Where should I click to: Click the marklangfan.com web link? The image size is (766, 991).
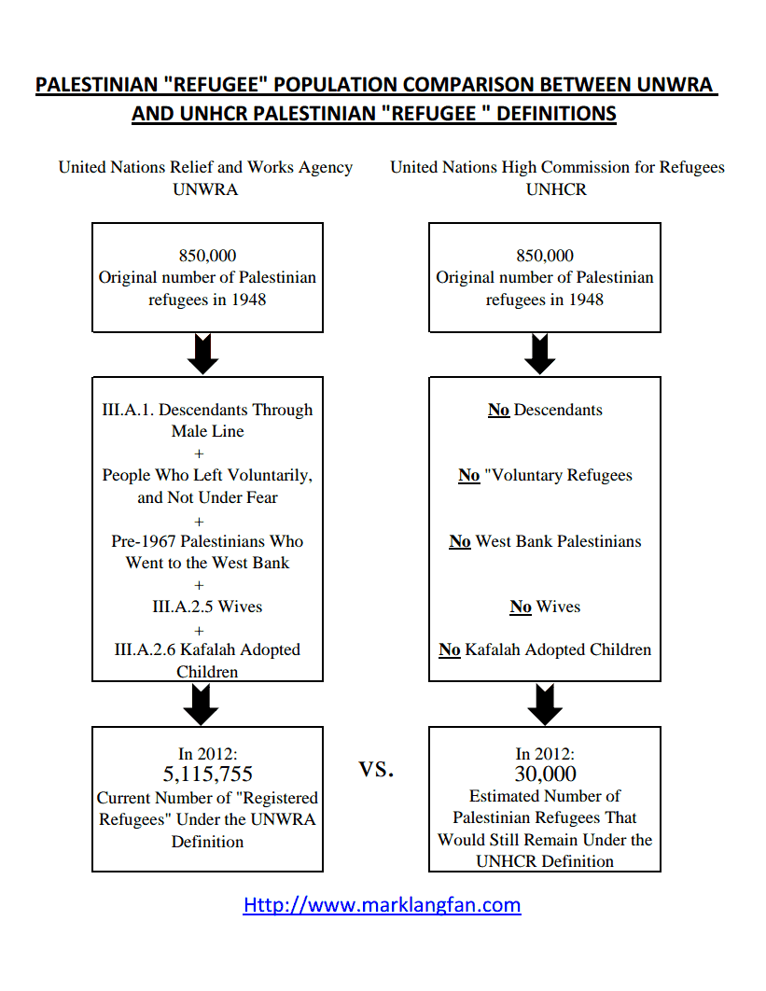pyautogui.click(x=382, y=904)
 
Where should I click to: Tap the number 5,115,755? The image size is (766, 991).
pyautogui.click(x=207, y=774)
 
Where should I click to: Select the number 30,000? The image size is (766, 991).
pyautogui.click(x=545, y=774)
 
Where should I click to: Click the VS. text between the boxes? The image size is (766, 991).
pyautogui.click(x=376, y=769)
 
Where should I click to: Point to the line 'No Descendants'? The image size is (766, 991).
pyautogui.click(x=545, y=410)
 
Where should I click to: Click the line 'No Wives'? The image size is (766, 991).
pyautogui.click(x=545, y=607)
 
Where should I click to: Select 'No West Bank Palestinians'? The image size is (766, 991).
pyautogui.click(x=545, y=541)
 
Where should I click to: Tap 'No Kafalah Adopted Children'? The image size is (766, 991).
pyautogui.click(x=545, y=649)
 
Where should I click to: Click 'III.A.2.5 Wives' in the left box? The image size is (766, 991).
pyautogui.click(x=207, y=607)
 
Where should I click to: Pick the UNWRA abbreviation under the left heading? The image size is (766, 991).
pyautogui.click(x=205, y=189)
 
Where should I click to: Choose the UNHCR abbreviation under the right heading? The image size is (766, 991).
pyautogui.click(x=556, y=189)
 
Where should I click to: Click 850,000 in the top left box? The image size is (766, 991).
pyautogui.click(x=207, y=256)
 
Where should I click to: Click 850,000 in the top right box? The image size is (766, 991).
pyautogui.click(x=545, y=256)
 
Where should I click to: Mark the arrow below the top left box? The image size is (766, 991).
pyautogui.click(x=202, y=354)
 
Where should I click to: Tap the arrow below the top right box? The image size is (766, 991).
pyautogui.click(x=539, y=354)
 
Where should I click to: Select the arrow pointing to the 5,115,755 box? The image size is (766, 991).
pyautogui.click(x=201, y=705)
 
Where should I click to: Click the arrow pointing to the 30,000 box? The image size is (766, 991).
pyautogui.click(x=545, y=705)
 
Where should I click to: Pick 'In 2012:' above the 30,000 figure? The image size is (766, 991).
pyautogui.click(x=545, y=754)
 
